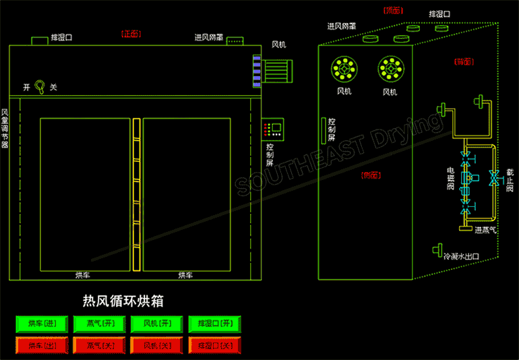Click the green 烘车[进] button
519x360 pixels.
coord(42,324)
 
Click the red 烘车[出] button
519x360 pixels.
coord(42,345)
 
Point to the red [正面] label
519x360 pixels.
coord(131,33)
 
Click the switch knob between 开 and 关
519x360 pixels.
coord(40,86)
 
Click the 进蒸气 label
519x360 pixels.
coord(485,230)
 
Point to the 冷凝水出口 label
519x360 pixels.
coord(461,256)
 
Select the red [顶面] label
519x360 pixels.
coord(393,10)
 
